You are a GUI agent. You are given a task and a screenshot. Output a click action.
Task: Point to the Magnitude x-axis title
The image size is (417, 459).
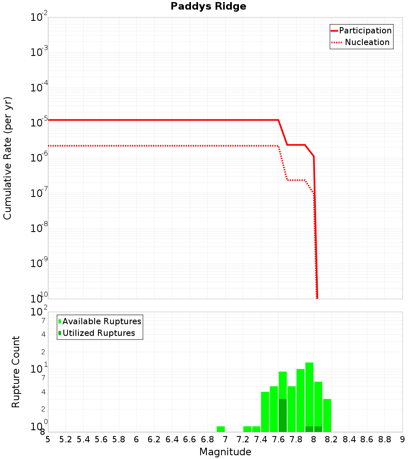(x=225, y=452)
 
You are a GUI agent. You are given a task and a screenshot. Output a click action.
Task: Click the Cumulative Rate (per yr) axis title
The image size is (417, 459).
(x=8, y=158)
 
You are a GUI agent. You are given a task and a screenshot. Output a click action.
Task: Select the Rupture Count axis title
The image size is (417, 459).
(x=16, y=372)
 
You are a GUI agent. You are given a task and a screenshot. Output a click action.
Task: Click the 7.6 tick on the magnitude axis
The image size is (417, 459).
(x=278, y=439)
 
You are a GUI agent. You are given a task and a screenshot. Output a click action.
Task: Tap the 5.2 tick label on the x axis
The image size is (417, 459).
(x=65, y=439)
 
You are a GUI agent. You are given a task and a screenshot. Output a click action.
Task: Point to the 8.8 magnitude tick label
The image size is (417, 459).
(x=384, y=439)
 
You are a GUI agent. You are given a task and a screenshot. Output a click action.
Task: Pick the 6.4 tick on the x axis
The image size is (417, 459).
(x=172, y=439)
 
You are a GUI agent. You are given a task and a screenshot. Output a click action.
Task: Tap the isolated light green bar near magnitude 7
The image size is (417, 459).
(x=221, y=429)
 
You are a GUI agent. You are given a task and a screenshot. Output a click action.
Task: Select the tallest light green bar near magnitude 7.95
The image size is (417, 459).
(x=309, y=396)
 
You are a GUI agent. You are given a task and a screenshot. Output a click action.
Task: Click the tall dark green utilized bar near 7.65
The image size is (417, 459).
(x=283, y=415)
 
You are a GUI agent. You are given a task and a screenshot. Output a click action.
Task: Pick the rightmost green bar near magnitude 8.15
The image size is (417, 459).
(x=327, y=415)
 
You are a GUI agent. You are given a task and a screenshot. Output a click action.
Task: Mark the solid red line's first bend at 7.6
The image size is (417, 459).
(x=278, y=120)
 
